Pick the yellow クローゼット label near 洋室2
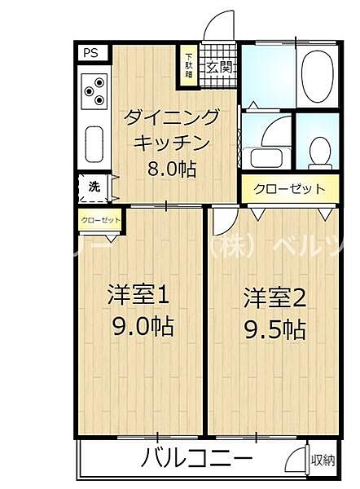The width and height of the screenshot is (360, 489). pyautogui.click(x=289, y=189)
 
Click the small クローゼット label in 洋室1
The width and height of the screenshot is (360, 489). pyautogui.click(x=100, y=219)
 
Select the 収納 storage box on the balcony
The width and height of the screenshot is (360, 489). pyautogui.click(x=323, y=460)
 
